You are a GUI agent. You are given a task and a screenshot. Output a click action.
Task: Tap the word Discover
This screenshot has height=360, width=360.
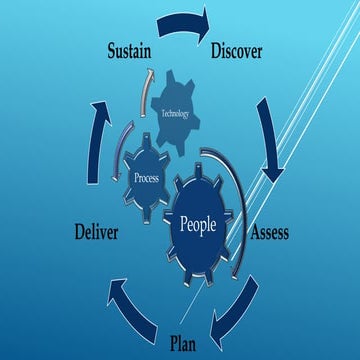[237, 50]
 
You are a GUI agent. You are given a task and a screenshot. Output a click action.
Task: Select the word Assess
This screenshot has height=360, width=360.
[268, 233]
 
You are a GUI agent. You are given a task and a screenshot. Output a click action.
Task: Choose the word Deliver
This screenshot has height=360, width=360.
[97, 233]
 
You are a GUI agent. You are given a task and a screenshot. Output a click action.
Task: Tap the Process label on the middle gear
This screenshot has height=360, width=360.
[147, 177]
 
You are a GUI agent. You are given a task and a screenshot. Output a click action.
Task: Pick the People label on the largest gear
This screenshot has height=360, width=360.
[197, 224]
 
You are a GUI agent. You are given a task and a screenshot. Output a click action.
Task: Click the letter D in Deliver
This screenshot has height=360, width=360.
[78, 233]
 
